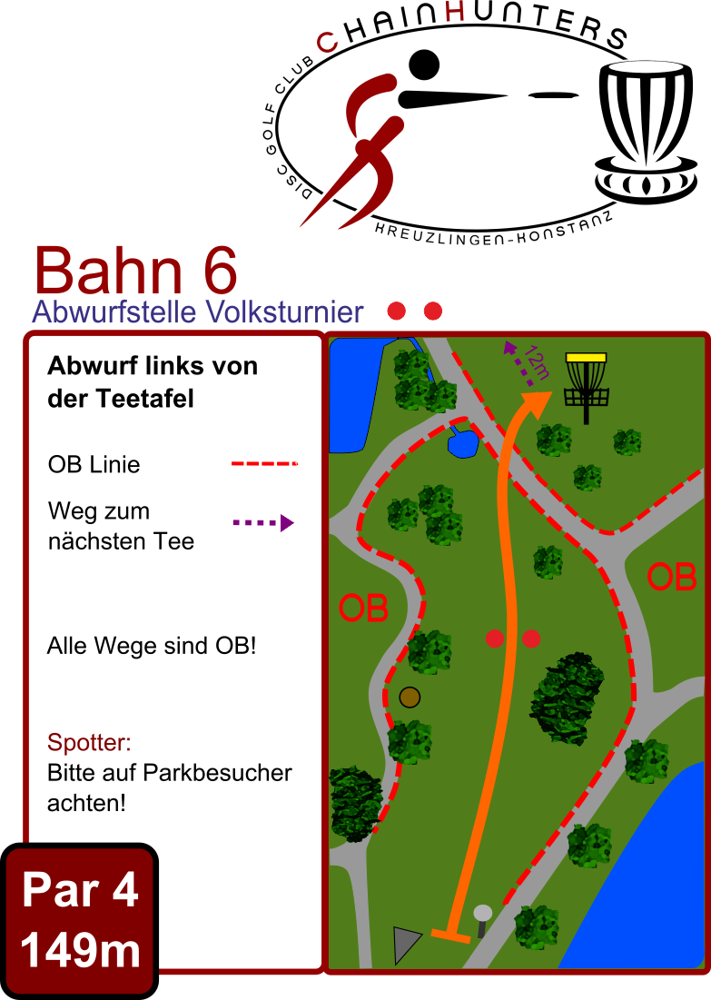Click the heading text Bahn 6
coord(136,271)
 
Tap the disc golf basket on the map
coord(586,388)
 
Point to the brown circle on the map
coord(410,697)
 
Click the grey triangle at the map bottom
coord(406,944)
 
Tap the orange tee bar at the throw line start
coord(450,936)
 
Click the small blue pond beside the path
coord(463,443)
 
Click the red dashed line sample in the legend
coord(264,463)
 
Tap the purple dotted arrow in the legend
coord(263,523)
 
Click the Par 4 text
coord(80,890)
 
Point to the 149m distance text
coord(80,950)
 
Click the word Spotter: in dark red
coord(89,742)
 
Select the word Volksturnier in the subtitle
coord(284,312)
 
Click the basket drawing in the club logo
coord(645,132)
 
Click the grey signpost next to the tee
coord(483,920)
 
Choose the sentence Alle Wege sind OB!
coord(152,646)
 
